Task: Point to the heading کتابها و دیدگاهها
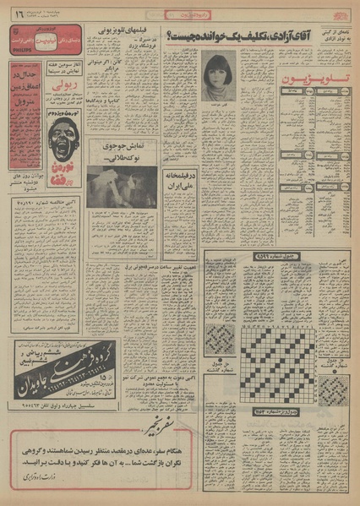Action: pyautogui.click(x=138, y=97)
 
